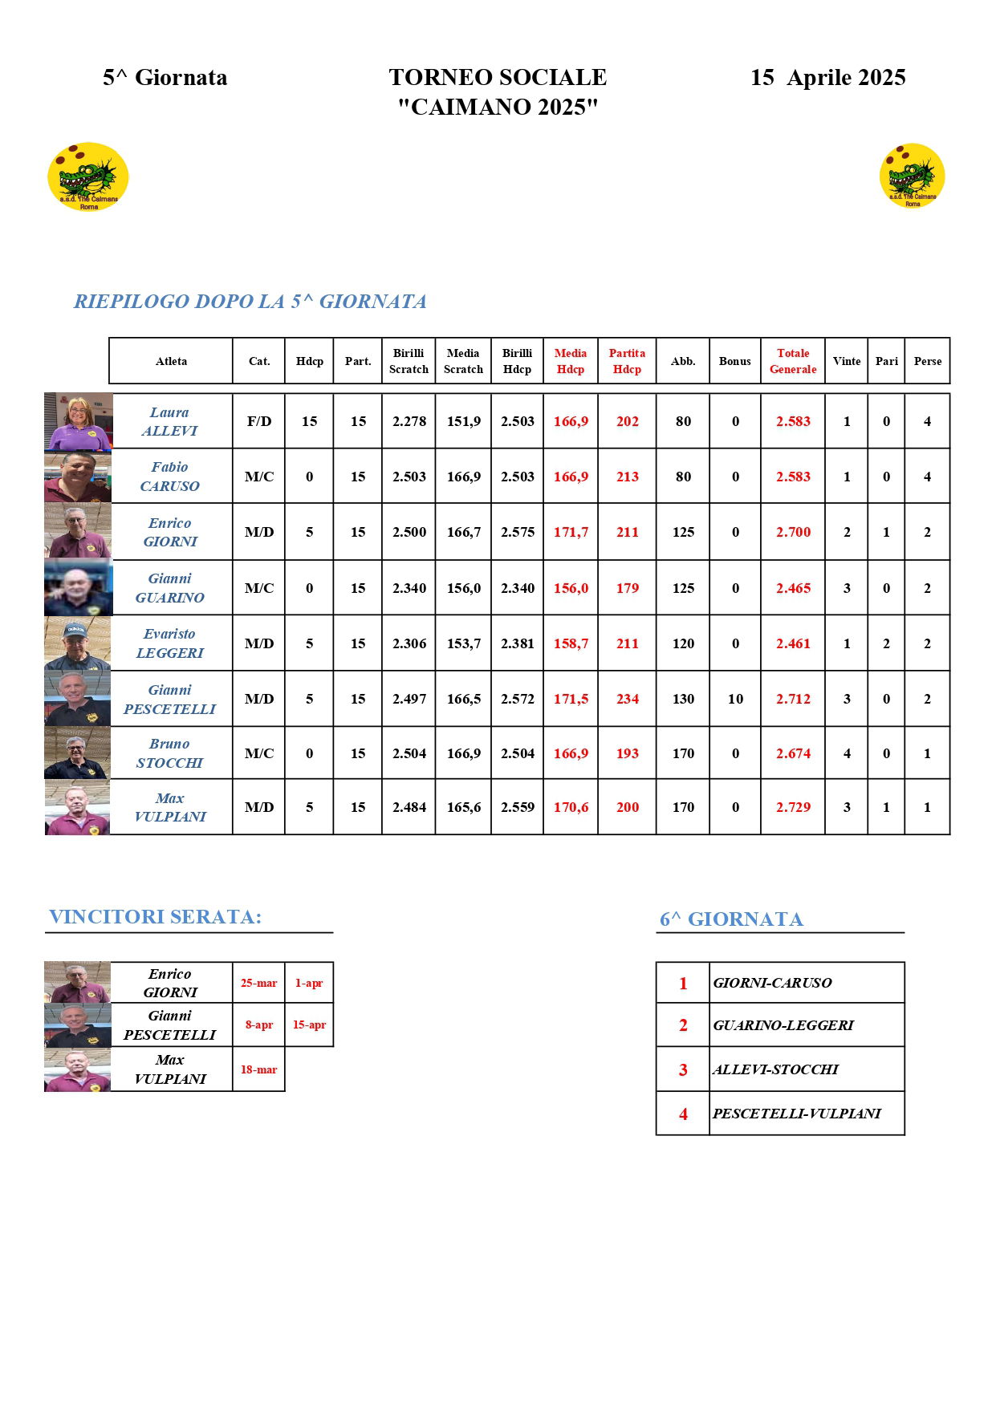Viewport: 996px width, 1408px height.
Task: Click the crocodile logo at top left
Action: click(x=88, y=177)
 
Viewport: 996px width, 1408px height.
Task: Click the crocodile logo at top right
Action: click(x=912, y=176)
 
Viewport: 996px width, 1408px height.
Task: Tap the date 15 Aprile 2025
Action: click(x=827, y=78)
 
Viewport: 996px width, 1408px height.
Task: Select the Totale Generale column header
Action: click(x=792, y=361)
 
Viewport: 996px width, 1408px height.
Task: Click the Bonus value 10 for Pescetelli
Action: click(x=735, y=699)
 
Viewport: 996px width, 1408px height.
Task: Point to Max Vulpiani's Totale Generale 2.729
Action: click(x=793, y=807)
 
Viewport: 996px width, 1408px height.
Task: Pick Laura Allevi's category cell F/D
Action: click(x=258, y=421)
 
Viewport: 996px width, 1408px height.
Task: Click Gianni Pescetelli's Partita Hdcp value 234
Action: click(x=627, y=699)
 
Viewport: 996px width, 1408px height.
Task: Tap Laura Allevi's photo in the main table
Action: click(x=78, y=421)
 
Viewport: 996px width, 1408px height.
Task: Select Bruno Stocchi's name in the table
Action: click(x=169, y=753)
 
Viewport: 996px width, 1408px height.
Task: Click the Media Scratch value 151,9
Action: click(x=463, y=421)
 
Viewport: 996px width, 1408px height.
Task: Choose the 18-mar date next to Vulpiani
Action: click(x=258, y=1069)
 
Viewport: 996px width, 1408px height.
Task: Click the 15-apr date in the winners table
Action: click(x=309, y=1025)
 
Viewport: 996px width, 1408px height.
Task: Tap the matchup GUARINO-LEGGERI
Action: click(x=783, y=1025)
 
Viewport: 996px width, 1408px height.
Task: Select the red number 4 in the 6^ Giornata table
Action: click(x=683, y=1114)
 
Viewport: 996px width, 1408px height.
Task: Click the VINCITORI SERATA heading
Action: click(x=156, y=917)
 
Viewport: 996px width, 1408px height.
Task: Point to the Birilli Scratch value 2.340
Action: click(x=409, y=588)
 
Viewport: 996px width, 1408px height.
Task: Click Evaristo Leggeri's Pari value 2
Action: click(x=886, y=643)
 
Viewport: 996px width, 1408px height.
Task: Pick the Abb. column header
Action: click(x=682, y=361)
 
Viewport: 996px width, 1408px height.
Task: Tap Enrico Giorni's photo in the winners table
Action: click(x=77, y=983)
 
